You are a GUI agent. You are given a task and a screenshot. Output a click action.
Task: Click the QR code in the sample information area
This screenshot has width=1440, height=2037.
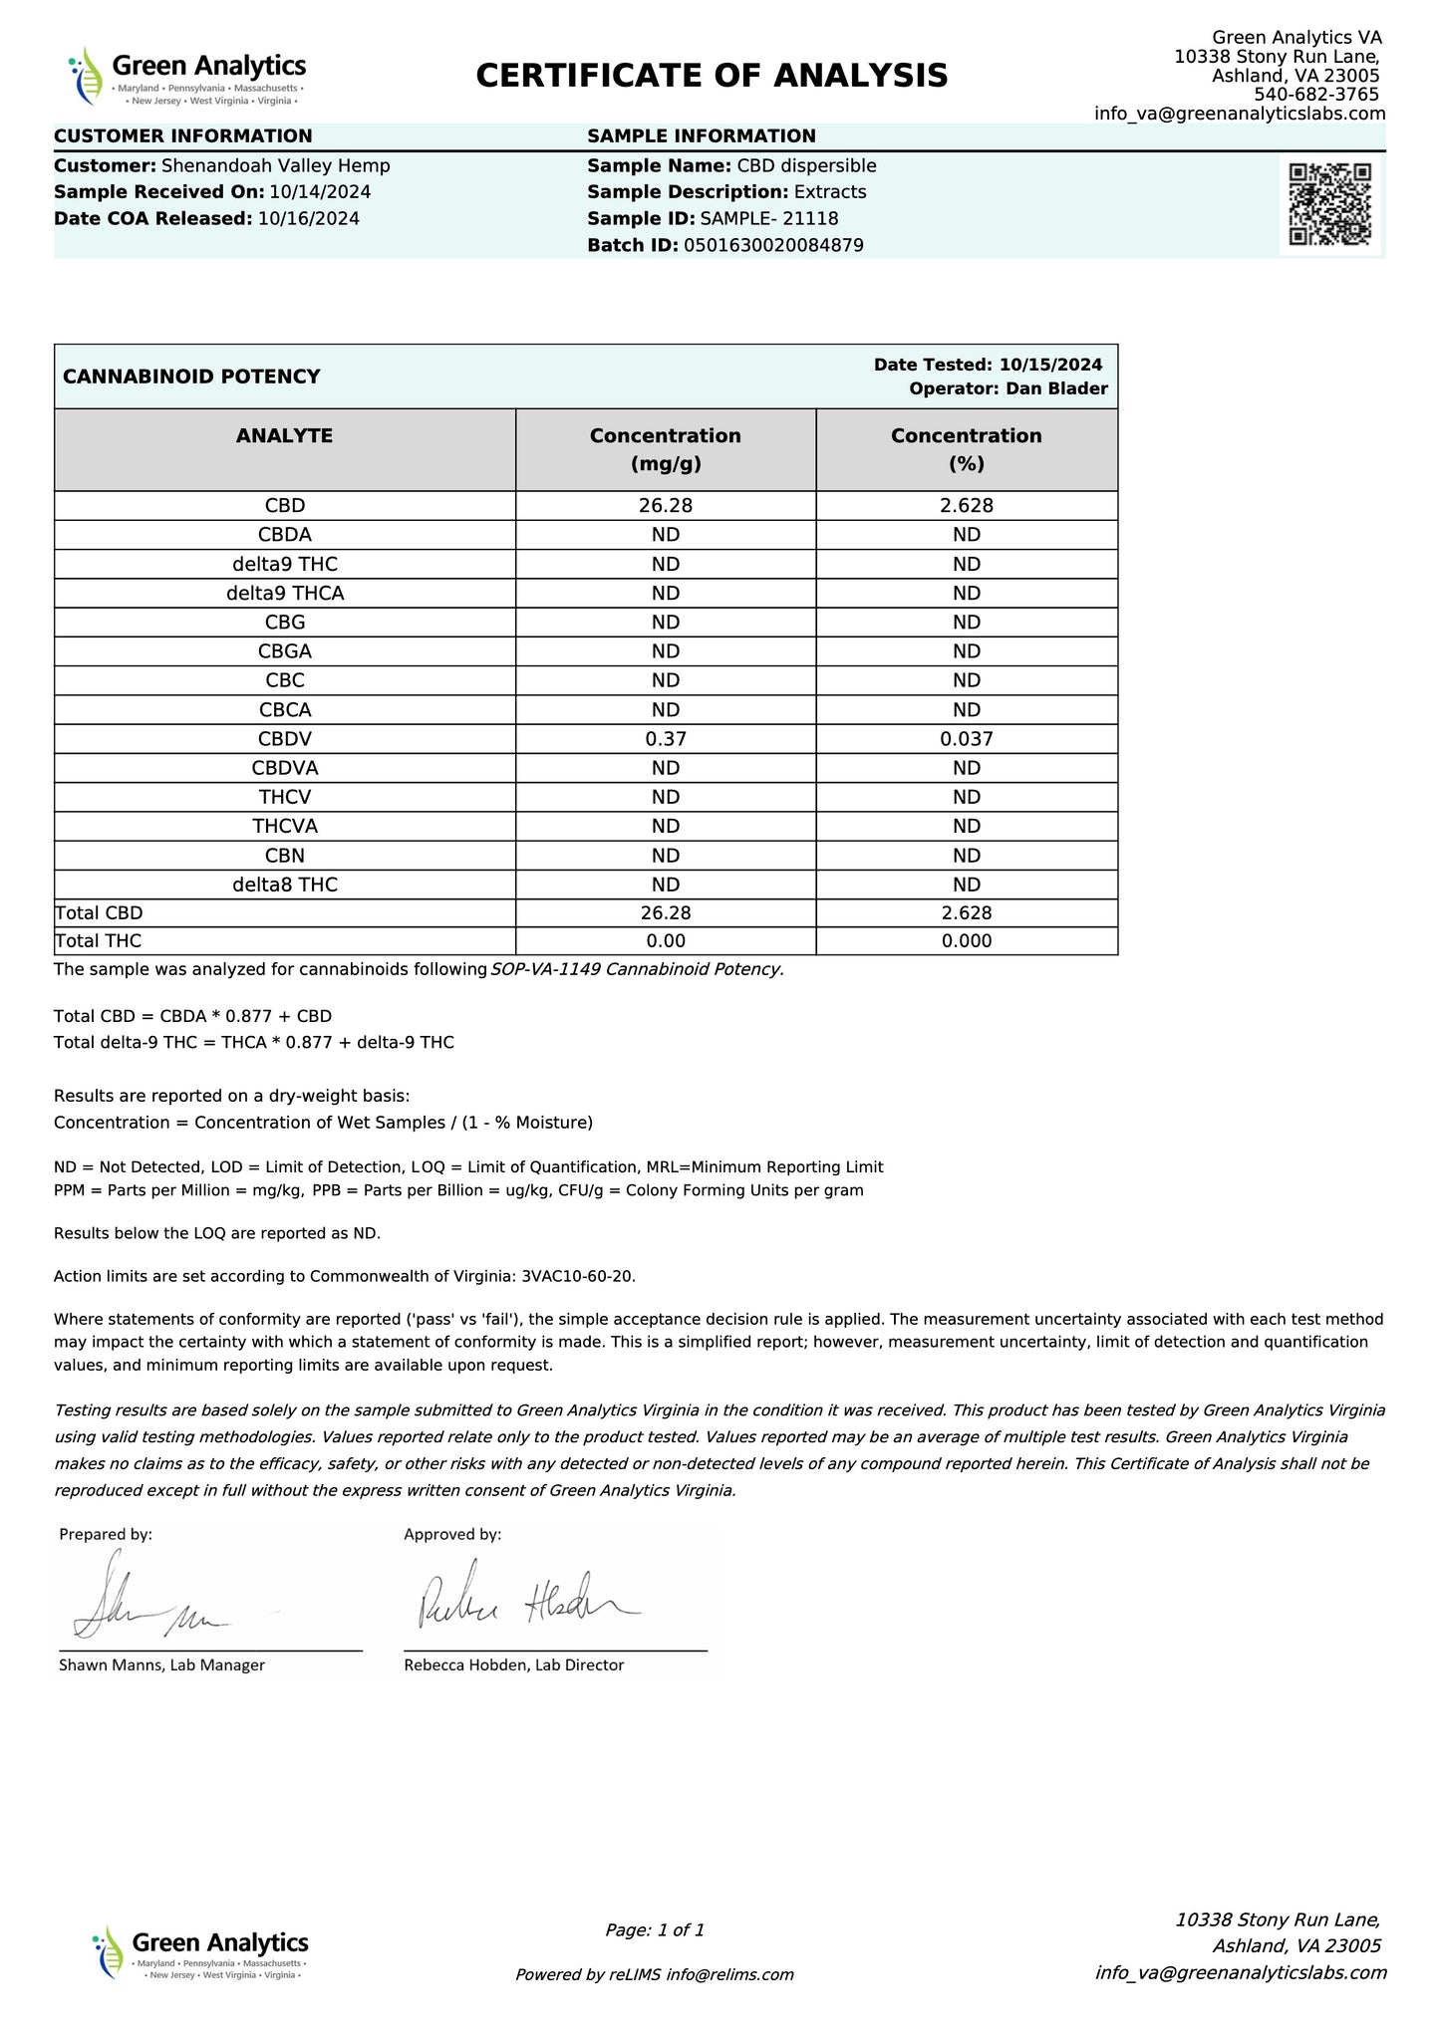[x=1330, y=204]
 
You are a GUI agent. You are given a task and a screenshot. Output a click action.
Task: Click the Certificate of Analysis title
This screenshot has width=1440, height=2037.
[x=712, y=76]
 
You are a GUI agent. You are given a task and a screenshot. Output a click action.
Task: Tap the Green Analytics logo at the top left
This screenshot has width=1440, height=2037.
[x=187, y=76]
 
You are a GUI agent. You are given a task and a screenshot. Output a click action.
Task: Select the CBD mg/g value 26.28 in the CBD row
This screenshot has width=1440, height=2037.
[x=665, y=505]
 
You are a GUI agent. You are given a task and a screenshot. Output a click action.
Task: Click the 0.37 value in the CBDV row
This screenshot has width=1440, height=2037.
[x=665, y=739]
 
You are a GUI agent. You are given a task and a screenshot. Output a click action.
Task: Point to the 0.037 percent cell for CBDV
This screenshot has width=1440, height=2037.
[x=966, y=739]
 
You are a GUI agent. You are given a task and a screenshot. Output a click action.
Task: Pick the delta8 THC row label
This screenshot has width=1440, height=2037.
[x=284, y=885]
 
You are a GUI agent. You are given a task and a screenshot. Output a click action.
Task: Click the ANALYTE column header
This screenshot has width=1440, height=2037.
[x=284, y=435]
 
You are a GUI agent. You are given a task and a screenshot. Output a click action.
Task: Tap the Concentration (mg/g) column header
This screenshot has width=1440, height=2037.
[x=665, y=449]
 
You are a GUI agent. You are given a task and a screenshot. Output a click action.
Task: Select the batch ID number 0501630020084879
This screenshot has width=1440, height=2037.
[x=773, y=245]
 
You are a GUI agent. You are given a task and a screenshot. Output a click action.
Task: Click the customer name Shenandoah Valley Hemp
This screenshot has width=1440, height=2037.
[x=275, y=166]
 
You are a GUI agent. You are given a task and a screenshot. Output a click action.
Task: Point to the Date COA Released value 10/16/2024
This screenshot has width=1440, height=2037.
[x=309, y=218]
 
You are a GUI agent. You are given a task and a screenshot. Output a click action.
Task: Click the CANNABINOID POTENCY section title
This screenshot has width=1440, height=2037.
[x=191, y=377]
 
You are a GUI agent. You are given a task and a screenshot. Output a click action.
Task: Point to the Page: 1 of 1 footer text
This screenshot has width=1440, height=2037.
[x=655, y=1929]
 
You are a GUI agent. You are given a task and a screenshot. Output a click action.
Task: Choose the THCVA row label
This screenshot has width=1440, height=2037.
[x=284, y=826]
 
